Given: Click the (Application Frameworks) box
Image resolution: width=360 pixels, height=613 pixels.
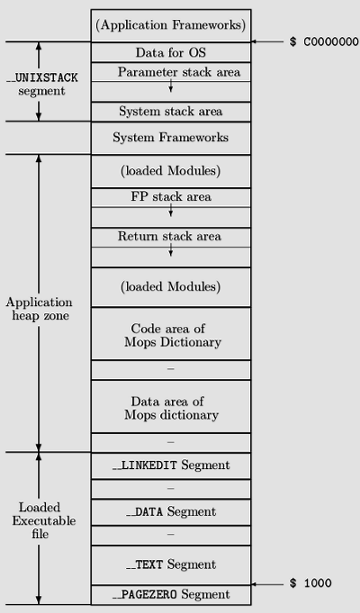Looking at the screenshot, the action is tap(171, 25).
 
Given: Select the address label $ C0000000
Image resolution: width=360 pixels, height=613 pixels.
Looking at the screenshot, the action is tap(324, 41).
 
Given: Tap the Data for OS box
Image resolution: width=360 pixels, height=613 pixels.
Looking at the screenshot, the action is tap(171, 52).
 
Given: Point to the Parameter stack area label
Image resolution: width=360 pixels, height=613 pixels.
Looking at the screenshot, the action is tap(179, 72).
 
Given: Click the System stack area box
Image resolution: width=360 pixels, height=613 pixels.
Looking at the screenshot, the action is tap(171, 112).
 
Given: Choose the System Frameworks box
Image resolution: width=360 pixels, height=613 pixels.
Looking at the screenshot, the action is tap(171, 138).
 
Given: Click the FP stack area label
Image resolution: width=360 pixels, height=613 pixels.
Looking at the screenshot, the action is tap(171, 196).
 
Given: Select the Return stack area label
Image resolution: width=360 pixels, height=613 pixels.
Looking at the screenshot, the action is tap(169, 236).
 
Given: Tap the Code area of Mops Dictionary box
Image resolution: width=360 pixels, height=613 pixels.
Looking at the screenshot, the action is tap(171, 334).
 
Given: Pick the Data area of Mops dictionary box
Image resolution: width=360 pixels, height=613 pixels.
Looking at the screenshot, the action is tap(171, 407).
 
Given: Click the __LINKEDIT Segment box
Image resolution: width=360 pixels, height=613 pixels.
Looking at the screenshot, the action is tap(171, 465).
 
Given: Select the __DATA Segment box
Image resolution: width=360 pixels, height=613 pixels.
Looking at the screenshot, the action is tap(171, 512).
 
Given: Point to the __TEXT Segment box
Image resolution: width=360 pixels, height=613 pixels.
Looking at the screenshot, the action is tap(171, 565).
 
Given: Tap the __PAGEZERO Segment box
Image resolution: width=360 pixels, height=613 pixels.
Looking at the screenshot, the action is tap(171, 595).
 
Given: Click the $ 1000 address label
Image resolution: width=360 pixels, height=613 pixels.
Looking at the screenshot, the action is tap(310, 583).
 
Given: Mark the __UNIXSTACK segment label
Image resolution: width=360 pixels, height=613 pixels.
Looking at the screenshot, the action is tap(41, 85).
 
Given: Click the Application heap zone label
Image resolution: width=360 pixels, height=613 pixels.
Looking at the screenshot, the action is tap(39, 309).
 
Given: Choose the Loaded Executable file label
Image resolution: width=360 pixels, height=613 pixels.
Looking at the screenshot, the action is tap(43, 521).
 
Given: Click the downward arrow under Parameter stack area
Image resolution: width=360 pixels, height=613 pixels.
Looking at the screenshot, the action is tap(171, 86).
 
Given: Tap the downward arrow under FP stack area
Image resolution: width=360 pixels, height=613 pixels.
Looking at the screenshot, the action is tap(171, 210).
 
